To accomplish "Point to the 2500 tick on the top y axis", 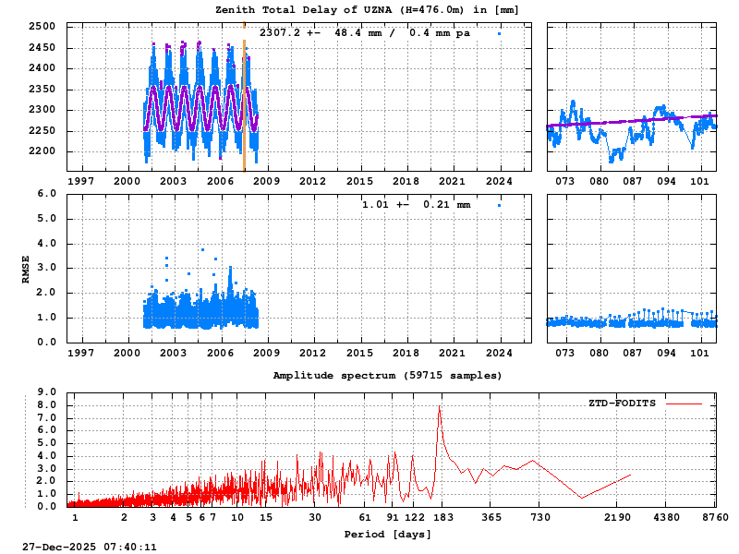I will click(x=41, y=27).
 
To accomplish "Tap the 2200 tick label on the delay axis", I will click(x=41, y=151).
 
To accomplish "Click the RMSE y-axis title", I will click(x=27, y=268).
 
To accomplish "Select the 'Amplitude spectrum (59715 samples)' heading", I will click(x=387, y=376).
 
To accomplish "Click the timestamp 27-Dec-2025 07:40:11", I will click(x=90, y=547).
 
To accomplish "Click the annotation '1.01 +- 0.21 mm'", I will click(x=416, y=204).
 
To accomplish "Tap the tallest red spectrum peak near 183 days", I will click(x=440, y=408).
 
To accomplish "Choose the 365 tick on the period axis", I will click(x=491, y=518).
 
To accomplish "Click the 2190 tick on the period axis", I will click(x=617, y=518).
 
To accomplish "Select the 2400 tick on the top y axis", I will click(x=41, y=68).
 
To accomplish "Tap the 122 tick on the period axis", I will click(x=415, y=518).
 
